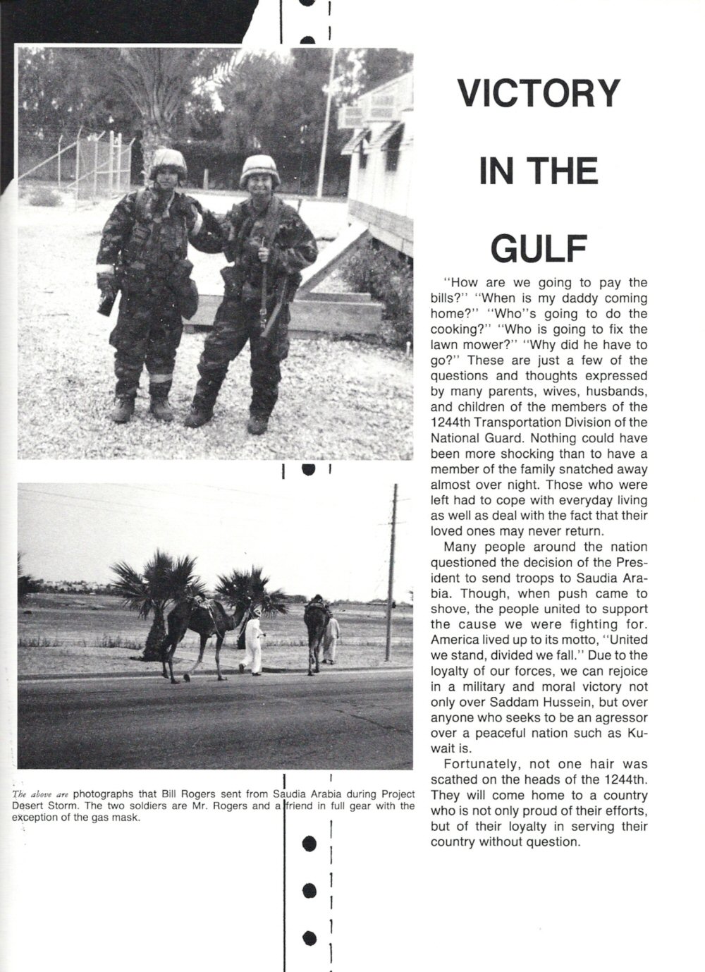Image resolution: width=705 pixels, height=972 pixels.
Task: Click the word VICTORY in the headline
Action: click(x=539, y=92)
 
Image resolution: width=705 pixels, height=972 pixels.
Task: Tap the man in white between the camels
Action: click(x=252, y=642)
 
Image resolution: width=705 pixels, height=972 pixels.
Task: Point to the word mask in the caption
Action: click(x=129, y=819)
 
